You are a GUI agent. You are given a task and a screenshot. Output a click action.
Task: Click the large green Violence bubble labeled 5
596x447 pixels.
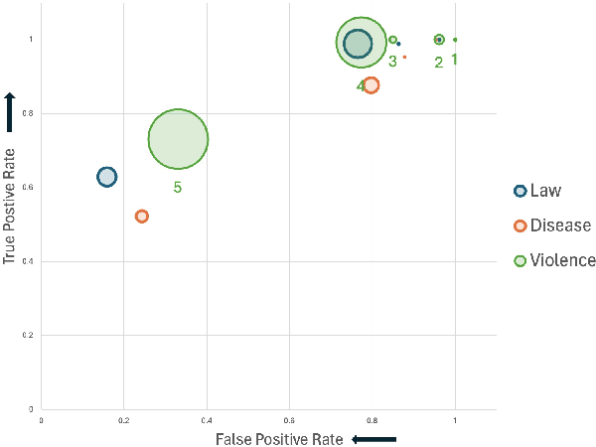(x=178, y=139)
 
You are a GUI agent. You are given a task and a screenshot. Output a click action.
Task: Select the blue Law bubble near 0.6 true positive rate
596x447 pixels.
(x=106, y=177)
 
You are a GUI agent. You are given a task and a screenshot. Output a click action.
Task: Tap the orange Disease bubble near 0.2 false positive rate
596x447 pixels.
(x=141, y=216)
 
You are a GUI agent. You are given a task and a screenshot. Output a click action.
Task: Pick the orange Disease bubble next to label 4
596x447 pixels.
(x=371, y=85)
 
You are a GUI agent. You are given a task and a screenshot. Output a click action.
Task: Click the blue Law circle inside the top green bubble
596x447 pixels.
(x=358, y=43)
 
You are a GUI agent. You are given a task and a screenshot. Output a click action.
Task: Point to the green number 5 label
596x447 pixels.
(x=178, y=187)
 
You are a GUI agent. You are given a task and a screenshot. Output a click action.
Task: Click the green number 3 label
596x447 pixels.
(x=392, y=62)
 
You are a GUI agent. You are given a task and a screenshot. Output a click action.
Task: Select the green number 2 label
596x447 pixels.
(x=438, y=63)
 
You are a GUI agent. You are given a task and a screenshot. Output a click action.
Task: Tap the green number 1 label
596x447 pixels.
(x=454, y=59)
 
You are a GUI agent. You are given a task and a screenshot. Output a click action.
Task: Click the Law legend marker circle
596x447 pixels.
(x=519, y=191)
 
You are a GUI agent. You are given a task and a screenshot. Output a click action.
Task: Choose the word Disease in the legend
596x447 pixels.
(x=560, y=225)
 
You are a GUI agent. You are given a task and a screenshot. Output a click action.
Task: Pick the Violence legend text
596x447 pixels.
(x=562, y=260)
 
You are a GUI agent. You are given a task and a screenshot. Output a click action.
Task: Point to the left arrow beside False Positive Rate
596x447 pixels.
(x=366, y=438)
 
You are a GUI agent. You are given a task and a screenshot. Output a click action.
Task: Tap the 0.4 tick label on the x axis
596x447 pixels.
(x=207, y=421)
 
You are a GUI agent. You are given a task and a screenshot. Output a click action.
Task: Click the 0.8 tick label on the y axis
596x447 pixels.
(x=30, y=114)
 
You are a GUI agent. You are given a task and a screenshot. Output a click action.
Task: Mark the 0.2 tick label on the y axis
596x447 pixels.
(x=30, y=336)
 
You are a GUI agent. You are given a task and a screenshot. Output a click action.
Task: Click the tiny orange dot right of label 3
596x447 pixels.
(x=404, y=58)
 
